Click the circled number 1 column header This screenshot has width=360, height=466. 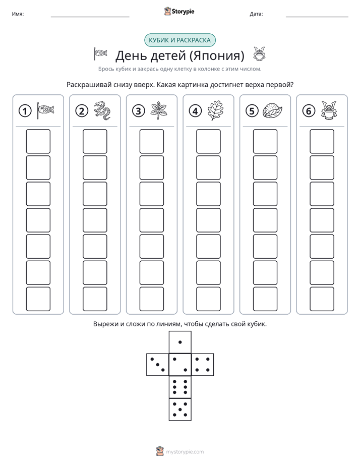pos(25,111)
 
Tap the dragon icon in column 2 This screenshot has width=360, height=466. pos(102,110)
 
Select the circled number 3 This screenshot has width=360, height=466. pos(139,111)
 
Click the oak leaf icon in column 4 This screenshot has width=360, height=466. pos(215,110)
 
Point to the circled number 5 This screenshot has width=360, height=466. pos(252,111)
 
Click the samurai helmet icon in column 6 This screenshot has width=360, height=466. pos(329,110)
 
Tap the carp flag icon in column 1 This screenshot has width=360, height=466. pos(45,110)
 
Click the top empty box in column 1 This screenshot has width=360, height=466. pos(38,141)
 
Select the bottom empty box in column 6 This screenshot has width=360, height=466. pos(322,299)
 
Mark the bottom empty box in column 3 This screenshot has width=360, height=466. pos(152,299)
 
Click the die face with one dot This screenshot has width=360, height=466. pos(180,342)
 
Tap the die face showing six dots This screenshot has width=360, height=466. pos(180,387)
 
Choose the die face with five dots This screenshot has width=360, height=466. pos(180,409)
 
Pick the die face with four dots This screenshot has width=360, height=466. pos(203,365)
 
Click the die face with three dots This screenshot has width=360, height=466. pos(158,365)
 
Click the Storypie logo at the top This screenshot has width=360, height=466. pos(179,12)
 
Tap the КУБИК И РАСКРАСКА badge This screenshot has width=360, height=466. pos(179,40)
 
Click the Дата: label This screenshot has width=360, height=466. pos(256,14)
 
